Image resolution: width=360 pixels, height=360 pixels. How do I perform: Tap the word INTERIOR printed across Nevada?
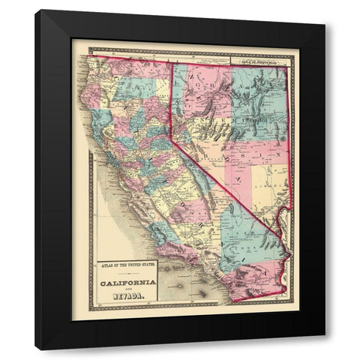pos(225,119)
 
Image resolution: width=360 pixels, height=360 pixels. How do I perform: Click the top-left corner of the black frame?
pos(36,11)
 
